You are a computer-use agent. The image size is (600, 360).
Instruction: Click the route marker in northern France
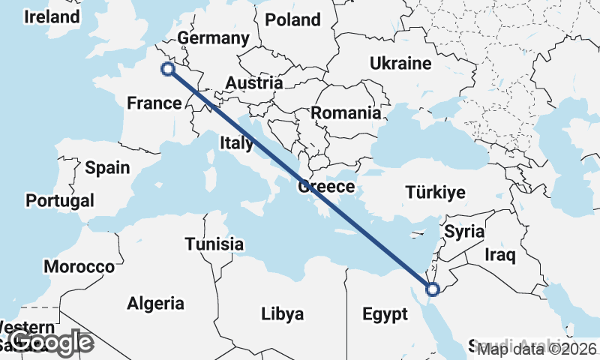pos(167,70)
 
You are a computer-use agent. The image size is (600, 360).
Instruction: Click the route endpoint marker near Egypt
pos(432,289)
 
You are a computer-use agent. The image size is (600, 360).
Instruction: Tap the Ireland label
pos(51,16)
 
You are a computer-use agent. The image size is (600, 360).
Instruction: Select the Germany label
pos(214,38)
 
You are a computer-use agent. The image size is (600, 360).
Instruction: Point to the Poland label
pos(292,20)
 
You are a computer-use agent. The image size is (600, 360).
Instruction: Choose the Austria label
pos(254,83)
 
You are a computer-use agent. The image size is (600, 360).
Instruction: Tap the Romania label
pos(346,113)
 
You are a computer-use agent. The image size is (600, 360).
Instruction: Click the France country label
pos(154,103)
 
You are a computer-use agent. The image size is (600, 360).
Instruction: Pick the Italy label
pos(237,142)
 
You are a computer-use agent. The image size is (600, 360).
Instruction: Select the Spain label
pos(107,168)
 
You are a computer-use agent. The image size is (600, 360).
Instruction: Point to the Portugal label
pos(60,201)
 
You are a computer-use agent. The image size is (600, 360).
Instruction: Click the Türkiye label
pos(436,192)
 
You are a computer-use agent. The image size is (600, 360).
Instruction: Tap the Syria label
pos(465,232)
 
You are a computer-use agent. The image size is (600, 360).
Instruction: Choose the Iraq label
pos(500,256)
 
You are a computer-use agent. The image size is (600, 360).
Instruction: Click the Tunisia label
pos(214,244)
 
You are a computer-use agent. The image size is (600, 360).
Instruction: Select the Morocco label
pos(79,266)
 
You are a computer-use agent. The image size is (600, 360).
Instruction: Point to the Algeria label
pos(155,304)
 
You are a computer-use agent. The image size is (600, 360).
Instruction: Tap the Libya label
pos(283,313)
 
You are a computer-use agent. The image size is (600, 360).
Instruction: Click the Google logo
pos(52,343)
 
